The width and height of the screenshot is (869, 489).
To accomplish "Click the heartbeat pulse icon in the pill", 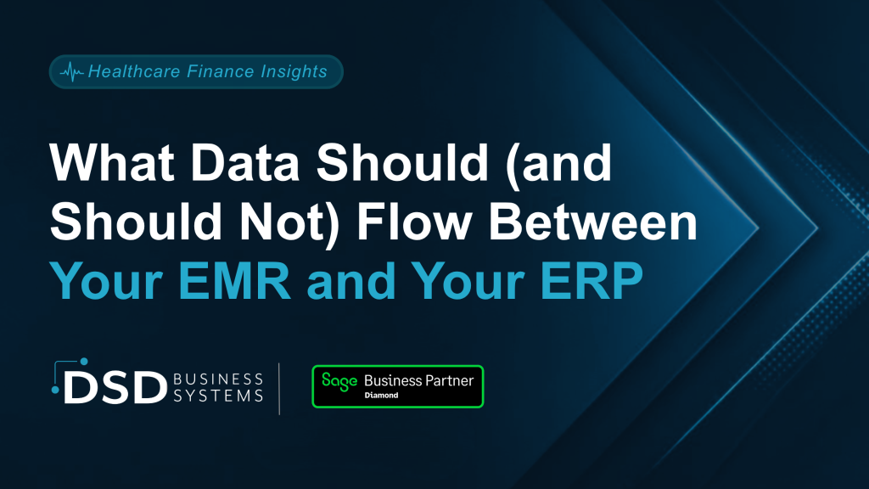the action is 71,71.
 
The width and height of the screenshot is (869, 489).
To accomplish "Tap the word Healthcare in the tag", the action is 134,71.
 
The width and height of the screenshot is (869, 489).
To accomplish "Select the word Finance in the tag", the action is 212,71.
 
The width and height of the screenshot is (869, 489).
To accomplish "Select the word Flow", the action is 414,222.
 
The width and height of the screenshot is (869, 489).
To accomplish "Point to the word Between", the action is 592,222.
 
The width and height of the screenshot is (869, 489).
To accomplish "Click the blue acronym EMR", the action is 234,281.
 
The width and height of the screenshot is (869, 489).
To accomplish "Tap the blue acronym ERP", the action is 591,281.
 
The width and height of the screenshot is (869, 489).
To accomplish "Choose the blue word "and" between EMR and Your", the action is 350,281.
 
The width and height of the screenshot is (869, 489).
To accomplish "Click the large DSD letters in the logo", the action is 115,386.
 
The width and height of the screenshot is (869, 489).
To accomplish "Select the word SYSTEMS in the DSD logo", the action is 218,396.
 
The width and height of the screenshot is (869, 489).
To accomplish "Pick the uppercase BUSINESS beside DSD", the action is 218,379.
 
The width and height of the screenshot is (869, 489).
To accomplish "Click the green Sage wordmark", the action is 339,381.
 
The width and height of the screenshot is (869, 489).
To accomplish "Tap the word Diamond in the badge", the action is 381,396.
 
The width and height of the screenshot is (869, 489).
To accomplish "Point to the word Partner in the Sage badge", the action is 450,380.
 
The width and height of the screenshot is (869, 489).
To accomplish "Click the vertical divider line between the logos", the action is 279,389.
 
